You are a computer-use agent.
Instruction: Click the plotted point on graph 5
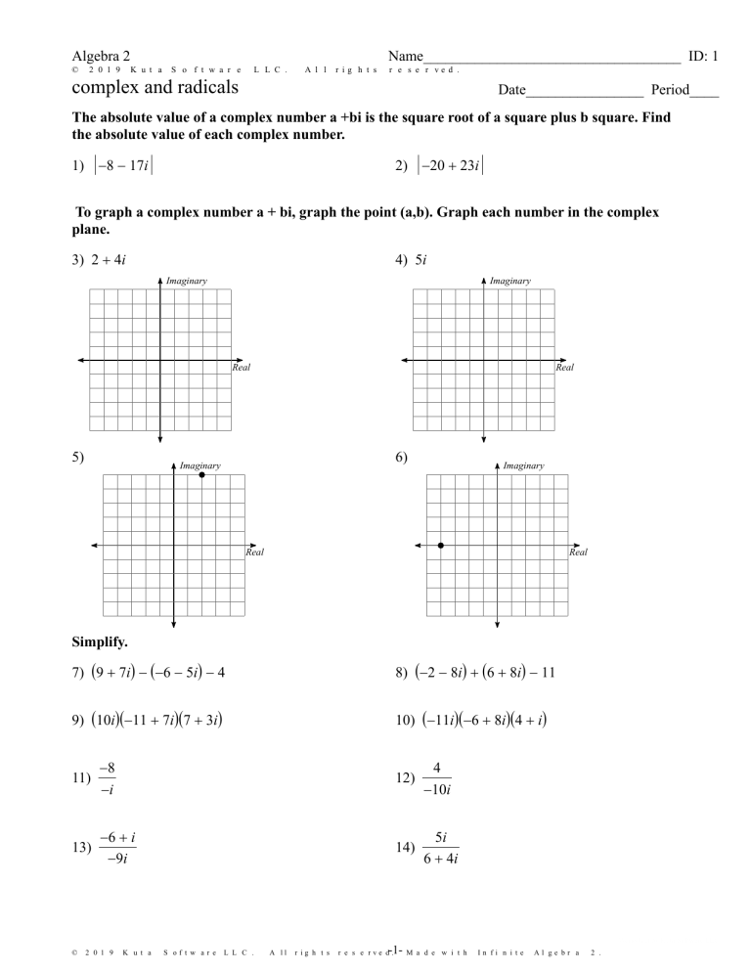point(201,474)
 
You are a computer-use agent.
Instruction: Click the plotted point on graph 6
point(441,545)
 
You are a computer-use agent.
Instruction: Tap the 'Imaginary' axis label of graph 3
point(186,281)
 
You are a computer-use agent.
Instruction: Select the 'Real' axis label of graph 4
point(564,369)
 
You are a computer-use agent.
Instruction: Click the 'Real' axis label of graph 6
point(578,552)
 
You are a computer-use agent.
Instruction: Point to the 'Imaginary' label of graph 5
point(199,465)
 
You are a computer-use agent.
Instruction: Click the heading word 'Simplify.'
point(100,643)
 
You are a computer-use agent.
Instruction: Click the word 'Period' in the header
point(662,91)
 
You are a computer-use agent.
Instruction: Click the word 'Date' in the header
point(511,91)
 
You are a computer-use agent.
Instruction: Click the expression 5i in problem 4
point(424,261)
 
